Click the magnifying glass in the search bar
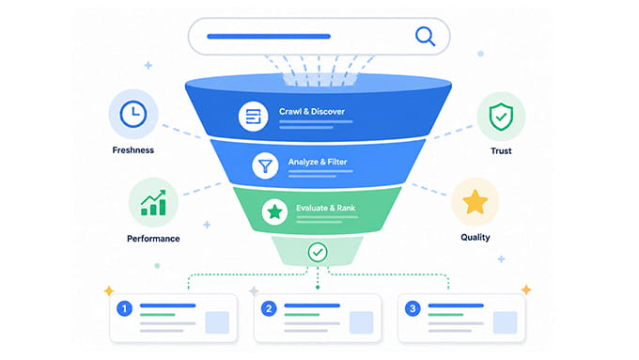tap(425, 37)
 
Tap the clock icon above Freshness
tap(133, 114)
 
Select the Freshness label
tap(133, 150)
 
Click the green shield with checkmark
tap(501, 117)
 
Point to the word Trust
tap(501, 150)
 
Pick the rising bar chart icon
tap(153, 202)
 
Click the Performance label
tap(153, 239)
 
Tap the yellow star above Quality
tap(475, 202)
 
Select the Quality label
tap(475, 237)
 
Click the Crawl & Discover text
tap(312, 111)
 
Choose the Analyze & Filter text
tap(318, 162)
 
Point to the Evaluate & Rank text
tap(326, 208)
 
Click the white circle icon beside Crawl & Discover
tap(253, 117)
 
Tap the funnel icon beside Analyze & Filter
tap(265, 166)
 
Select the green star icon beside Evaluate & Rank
tap(274, 212)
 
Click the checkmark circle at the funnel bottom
tap(318, 252)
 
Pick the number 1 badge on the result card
tap(124, 308)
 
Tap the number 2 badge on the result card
tap(269, 308)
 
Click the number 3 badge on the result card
tap(413, 308)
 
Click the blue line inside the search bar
tap(269, 37)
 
